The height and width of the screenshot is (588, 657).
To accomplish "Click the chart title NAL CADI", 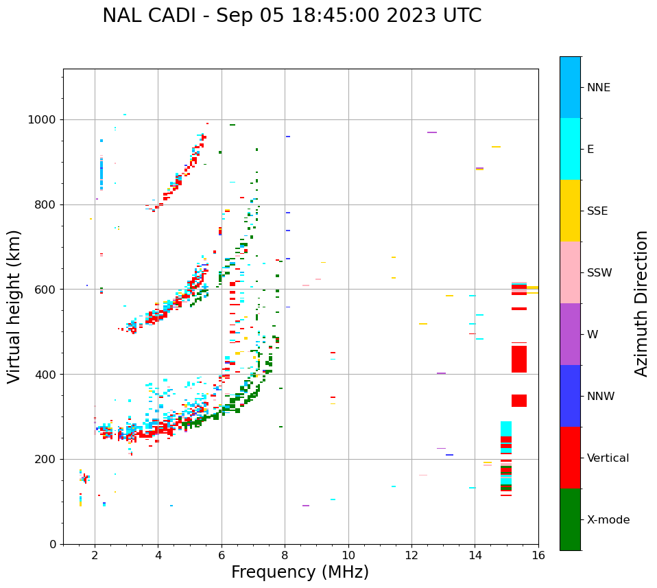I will pos(291,16).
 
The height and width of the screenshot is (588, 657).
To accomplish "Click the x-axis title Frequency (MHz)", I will pos(300,572).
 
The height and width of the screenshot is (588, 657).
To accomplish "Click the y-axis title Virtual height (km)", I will pos(14,307).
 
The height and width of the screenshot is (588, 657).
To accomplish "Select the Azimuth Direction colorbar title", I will pos(641,303).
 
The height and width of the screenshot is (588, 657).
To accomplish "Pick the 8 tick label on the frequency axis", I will pos(285,555).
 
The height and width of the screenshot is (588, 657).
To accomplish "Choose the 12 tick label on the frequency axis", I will pos(411,555).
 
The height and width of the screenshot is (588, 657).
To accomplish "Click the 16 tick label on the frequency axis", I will pos(538,555).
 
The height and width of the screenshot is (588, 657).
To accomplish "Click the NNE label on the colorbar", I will pos(598,88).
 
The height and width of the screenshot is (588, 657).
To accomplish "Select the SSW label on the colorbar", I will pos(599,273).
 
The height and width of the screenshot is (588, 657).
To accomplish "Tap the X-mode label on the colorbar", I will pos(608,520).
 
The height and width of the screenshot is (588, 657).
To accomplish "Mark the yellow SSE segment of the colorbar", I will pos(570,211).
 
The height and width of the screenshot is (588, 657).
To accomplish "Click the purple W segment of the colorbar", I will pos(570,334).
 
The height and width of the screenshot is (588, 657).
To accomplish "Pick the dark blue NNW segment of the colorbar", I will pos(570,396).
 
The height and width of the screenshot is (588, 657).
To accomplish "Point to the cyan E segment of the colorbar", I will pos(570,149).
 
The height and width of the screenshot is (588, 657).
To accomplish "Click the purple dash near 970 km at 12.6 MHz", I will pos(432,132).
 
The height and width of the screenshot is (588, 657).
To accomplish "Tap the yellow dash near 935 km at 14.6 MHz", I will pos(496,147).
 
